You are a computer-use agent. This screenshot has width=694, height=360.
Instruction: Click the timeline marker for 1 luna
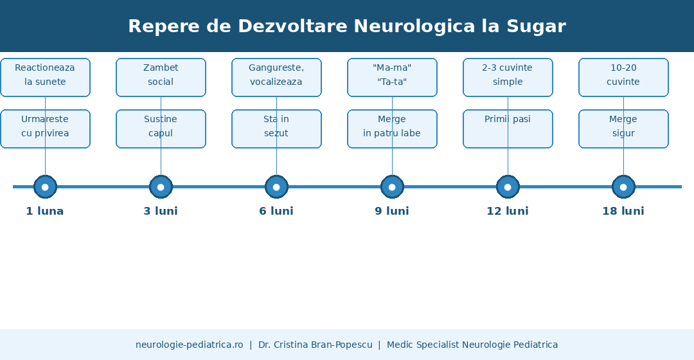(x=45, y=187)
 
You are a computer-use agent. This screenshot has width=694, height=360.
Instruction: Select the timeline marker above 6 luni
(x=276, y=187)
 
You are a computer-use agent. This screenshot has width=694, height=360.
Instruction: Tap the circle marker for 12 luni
(x=508, y=187)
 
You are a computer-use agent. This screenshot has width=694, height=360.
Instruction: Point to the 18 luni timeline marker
(x=623, y=187)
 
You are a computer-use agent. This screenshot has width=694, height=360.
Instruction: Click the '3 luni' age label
(x=161, y=212)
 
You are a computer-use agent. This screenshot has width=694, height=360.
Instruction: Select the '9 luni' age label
(x=392, y=212)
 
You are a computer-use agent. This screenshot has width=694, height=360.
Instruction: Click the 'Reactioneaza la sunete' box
(x=45, y=78)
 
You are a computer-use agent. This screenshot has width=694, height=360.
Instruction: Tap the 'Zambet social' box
(x=161, y=78)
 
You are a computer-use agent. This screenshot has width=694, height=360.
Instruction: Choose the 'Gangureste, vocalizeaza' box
(x=276, y=78)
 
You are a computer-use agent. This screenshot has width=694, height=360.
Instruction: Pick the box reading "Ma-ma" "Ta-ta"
(x=392, y=78)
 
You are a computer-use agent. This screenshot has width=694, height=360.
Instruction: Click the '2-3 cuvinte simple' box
(x=508, y=78)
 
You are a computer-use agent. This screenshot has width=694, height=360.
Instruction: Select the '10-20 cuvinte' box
(x=623, y=78)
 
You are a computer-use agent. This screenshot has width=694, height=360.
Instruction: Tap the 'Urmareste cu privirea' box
(x=45, y=129)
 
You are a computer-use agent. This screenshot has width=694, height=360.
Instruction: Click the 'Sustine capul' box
(x=161, y=129)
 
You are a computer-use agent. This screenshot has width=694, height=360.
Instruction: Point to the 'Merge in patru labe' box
(x=392, y=129)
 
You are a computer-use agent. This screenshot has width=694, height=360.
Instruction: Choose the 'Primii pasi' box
(x=508, y=129)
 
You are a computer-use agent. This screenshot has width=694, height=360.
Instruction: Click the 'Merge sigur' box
(x=623, y=129)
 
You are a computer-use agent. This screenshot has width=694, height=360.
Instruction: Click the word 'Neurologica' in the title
(x=414, y=26)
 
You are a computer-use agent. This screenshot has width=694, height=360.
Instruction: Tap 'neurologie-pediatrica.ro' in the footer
(x=190, y=345)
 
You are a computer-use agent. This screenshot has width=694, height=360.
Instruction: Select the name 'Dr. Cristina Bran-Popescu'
(x=315, y=345)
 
